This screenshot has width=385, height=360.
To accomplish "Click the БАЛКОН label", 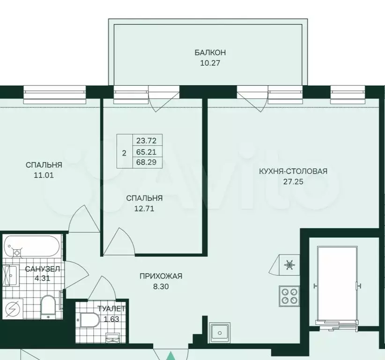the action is (x=210, y=52).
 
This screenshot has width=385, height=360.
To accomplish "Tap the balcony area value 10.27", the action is (x=210, y=63).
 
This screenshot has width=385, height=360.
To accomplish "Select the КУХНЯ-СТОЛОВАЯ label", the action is (x=293, y=171).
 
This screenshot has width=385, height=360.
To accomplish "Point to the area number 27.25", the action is (x=293, y=181).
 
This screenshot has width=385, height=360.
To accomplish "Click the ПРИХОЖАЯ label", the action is (x=161, y=276).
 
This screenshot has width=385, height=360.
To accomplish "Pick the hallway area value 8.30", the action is (x=161, y=286).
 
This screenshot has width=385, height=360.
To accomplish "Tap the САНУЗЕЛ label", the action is (x=43, y=269).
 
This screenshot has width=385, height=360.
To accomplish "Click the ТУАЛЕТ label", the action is (x=111, y=308).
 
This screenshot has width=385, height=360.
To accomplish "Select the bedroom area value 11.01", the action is (x=44, y=175).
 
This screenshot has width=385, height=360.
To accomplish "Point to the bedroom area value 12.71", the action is (x=144, y=209).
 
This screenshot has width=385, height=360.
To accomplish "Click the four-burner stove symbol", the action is (x=289, y=296).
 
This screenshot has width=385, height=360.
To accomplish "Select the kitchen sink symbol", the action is (x=220, y=333).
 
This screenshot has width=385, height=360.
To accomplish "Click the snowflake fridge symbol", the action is (x=289, y=265).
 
